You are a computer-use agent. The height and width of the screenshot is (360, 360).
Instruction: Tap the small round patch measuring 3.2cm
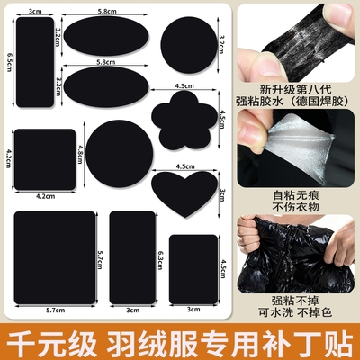point(186,42)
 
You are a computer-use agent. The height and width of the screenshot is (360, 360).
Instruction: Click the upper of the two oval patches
point(105,36)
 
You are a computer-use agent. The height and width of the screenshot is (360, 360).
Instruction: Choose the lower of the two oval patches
point(105,85)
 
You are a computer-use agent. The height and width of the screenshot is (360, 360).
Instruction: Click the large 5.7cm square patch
point(54,258)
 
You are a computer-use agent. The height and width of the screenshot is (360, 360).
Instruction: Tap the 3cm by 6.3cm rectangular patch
point(131,257)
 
